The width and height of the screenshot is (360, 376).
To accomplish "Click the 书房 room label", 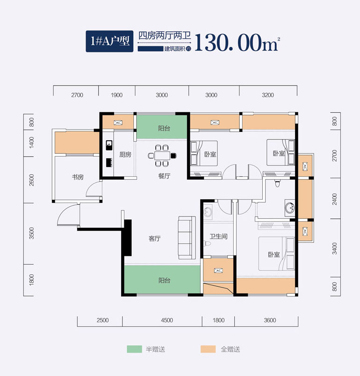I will tap(78, 177).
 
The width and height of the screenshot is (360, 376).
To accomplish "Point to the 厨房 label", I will tap(125, 155).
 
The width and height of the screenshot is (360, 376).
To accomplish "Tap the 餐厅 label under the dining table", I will tap(163, 176).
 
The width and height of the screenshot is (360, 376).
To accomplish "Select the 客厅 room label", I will tap(155, 239).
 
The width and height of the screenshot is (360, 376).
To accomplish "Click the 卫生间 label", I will tap(218, 237).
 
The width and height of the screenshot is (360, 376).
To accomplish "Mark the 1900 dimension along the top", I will tap(117, 95).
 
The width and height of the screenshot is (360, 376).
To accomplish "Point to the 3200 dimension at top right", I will tap(268, 95).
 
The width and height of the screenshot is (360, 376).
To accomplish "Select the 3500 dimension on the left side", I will tap(32, 233).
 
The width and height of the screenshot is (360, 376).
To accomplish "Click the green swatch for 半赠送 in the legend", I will tap(134, 349).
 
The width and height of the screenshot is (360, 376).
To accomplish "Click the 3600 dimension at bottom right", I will tap(270, 320).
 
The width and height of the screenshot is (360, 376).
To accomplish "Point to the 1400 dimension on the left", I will tap(32, 142).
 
